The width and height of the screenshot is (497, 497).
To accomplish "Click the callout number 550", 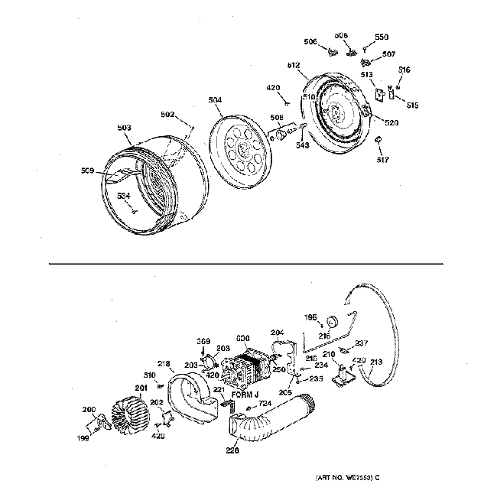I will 381,37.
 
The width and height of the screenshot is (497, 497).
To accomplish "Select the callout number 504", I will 216,99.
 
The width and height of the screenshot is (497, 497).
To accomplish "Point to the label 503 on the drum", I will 124,128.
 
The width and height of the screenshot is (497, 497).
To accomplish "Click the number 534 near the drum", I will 123,196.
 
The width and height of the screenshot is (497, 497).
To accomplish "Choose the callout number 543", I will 302,145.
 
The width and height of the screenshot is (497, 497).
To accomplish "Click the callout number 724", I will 264,403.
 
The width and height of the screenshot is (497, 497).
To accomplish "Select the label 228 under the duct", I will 232,451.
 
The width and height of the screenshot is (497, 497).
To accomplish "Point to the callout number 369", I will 204,341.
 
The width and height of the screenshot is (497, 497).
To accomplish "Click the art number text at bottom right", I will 347,478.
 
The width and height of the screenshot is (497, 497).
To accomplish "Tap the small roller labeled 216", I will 333,320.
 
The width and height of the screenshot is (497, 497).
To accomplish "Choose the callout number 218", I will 163,363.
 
